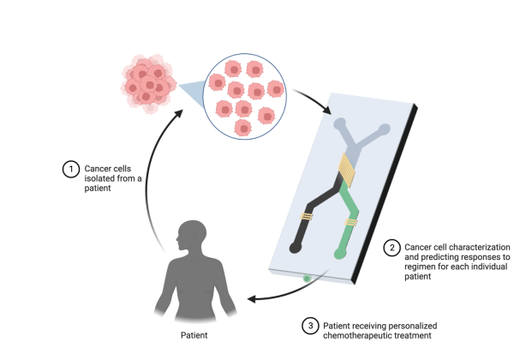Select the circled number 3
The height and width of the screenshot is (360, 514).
(309, 326)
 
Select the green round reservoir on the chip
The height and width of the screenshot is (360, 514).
(341, 254)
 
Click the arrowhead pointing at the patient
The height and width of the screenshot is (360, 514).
(253, 299)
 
